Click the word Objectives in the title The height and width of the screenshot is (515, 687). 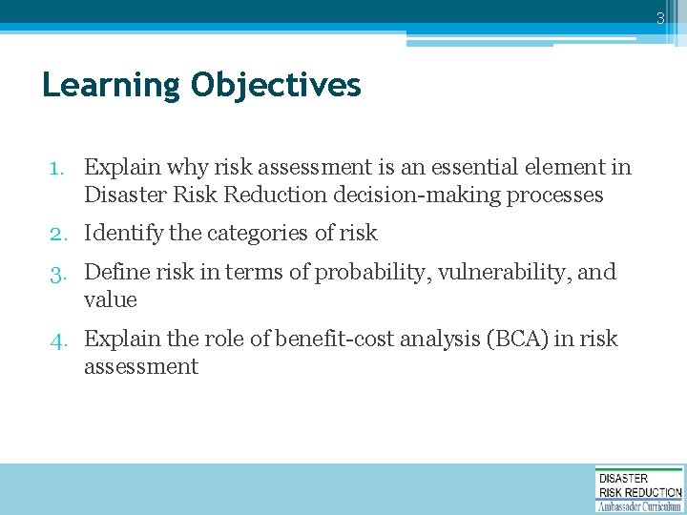click(276, 86)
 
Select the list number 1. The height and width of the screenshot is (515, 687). click(58, 168)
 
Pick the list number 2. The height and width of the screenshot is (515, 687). click(58, 234)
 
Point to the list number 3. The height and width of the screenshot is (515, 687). click(58, 273)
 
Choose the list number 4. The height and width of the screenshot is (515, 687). click(58, 340)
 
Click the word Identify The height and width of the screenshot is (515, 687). click(119, 233)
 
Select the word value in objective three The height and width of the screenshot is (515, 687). click(110, 300)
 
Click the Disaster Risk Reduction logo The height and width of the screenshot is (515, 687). click(639, 488)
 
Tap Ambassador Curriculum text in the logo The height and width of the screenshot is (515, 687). click(639, 506)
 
